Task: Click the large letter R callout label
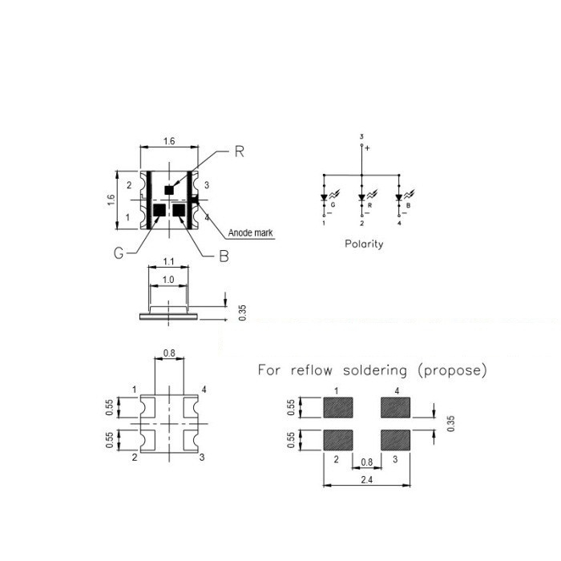240,151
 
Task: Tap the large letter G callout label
119,253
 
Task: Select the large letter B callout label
224,256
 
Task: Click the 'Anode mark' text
250,233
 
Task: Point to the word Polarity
364,244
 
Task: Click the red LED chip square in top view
169,190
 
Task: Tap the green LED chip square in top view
159,210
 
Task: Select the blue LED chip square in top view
179,210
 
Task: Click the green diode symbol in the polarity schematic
324,197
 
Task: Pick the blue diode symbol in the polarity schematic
399,197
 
